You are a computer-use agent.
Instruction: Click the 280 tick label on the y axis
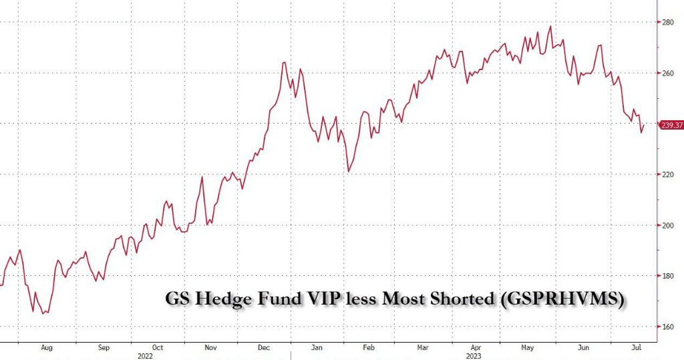tap(668, 22)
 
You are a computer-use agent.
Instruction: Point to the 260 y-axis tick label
tap(668, 73)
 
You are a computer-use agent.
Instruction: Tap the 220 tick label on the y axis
tap(668, 174)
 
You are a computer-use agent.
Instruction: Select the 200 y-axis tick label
tap(668, 225)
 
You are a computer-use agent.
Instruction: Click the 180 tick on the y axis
tap(668, 276)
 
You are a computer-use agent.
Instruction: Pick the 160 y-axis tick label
tap(668, 327)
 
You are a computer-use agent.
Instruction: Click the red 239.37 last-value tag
tap(670, 125)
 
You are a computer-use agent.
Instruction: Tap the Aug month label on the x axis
tap(47, 348)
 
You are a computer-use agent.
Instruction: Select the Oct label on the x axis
tap(158, 348)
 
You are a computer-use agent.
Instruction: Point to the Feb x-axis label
tap(369, 348)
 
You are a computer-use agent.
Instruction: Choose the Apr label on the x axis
tap(476, 348)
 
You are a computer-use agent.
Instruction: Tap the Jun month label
tap(584, 348)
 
